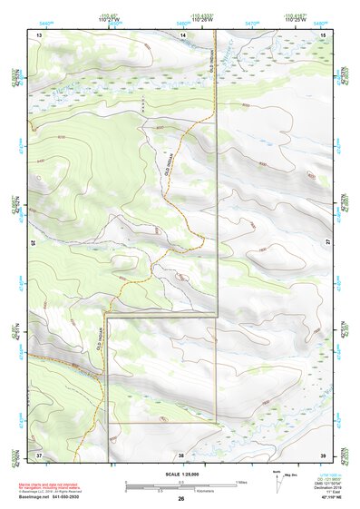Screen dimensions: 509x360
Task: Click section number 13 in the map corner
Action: click(x=39, y=34)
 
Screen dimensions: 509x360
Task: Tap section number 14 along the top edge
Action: click(x=182, y=34)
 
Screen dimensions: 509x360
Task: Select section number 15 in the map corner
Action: click(x=323, y=34)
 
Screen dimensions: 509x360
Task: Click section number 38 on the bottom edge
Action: click(x=181, y=455)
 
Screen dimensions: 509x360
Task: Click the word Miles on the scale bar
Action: click(x=241, y=482)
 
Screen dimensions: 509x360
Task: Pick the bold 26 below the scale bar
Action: click(x=181, y=498)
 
